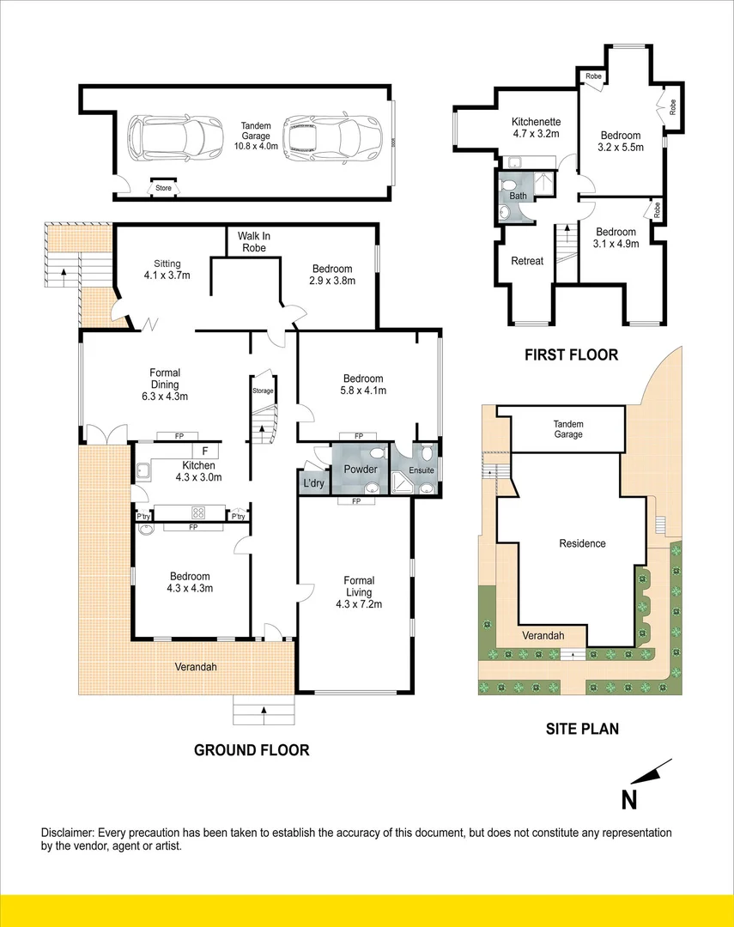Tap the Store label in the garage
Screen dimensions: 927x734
coord(163,186)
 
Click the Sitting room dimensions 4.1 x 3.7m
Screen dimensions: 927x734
coord(166,276)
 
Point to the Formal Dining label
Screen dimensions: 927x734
coord(165,379)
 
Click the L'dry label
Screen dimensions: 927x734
coord(311,483)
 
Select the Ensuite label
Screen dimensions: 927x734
coord(421,470)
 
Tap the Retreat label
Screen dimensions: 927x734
coord(527,261)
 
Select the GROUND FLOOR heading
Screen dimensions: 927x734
coord(252,750)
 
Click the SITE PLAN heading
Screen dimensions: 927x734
coord(582,730)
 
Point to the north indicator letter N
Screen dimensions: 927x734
coord(629,800)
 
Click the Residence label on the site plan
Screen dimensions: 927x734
coord(582,543)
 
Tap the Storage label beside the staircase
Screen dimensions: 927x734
coord(263,391)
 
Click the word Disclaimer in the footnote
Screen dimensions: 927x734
coord(68,833)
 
